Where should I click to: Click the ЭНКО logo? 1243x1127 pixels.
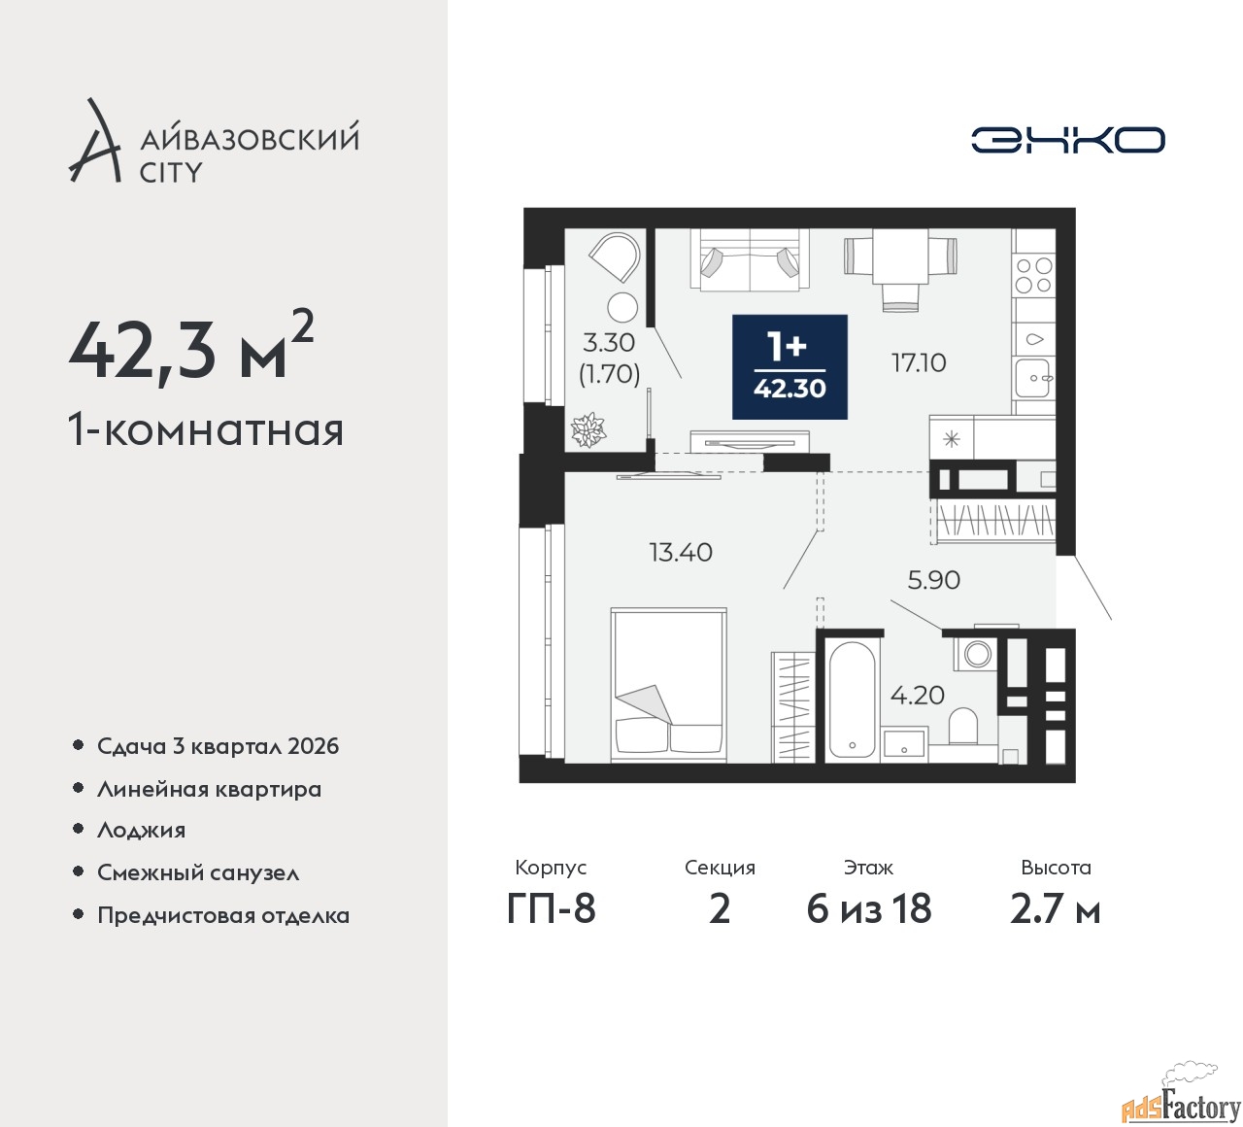(x=1068, y=140)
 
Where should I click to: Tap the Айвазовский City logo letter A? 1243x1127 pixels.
(x=94, y=142)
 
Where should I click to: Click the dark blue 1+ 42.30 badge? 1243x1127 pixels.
(x=789, y=367)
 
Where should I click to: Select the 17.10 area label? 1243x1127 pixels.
(x=919, y=362)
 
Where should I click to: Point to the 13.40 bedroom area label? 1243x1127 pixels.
(x=680, y=552)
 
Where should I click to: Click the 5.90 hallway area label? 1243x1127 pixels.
(x=933, y=580)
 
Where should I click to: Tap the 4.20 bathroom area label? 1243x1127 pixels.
(x=917, y=695)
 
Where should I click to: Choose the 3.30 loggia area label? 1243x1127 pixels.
(x=609, y=343)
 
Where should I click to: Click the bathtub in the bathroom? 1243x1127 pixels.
(x=853, y=698)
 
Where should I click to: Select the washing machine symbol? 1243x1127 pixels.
(x=977, y=654)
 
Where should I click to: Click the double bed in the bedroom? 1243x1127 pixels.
(x=668, y=684)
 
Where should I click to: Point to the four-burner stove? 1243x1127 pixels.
(x=1033, y=275)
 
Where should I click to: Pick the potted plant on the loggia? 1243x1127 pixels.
(x=588, y=429)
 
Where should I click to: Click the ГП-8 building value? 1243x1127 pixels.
(x=551, y=908)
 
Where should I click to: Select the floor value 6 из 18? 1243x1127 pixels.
(x=868, y=908)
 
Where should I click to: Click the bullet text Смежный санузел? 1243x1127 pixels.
(x=198, y=872)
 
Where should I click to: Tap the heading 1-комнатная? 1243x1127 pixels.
(x=206, y=428)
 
